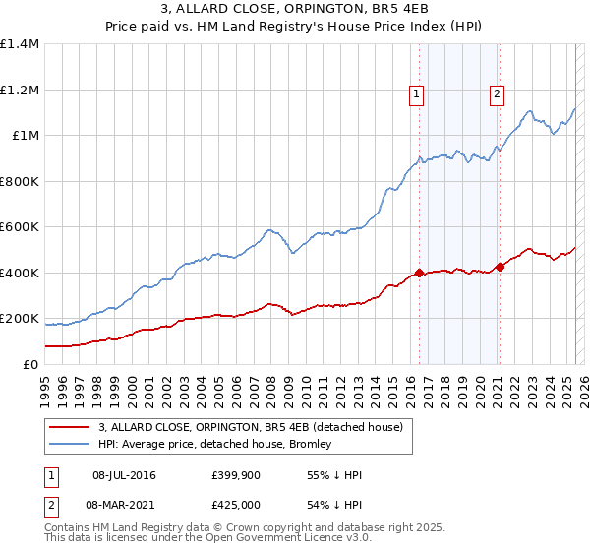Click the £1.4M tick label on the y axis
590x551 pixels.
(20, 44)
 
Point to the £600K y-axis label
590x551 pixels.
(20, 227)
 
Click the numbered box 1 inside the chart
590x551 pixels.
(417, 94)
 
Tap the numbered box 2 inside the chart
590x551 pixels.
(498, 94)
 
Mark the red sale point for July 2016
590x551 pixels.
(419, 274)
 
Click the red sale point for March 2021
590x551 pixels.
(500, 267)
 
